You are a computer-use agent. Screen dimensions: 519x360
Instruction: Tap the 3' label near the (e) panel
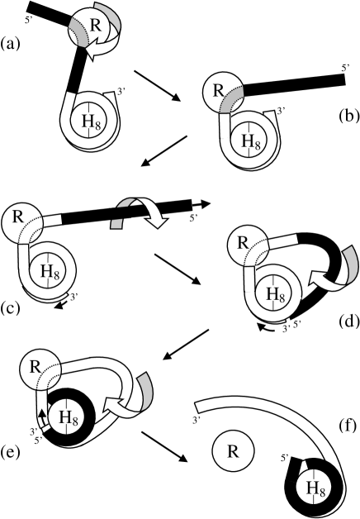[x=31, y=431]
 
